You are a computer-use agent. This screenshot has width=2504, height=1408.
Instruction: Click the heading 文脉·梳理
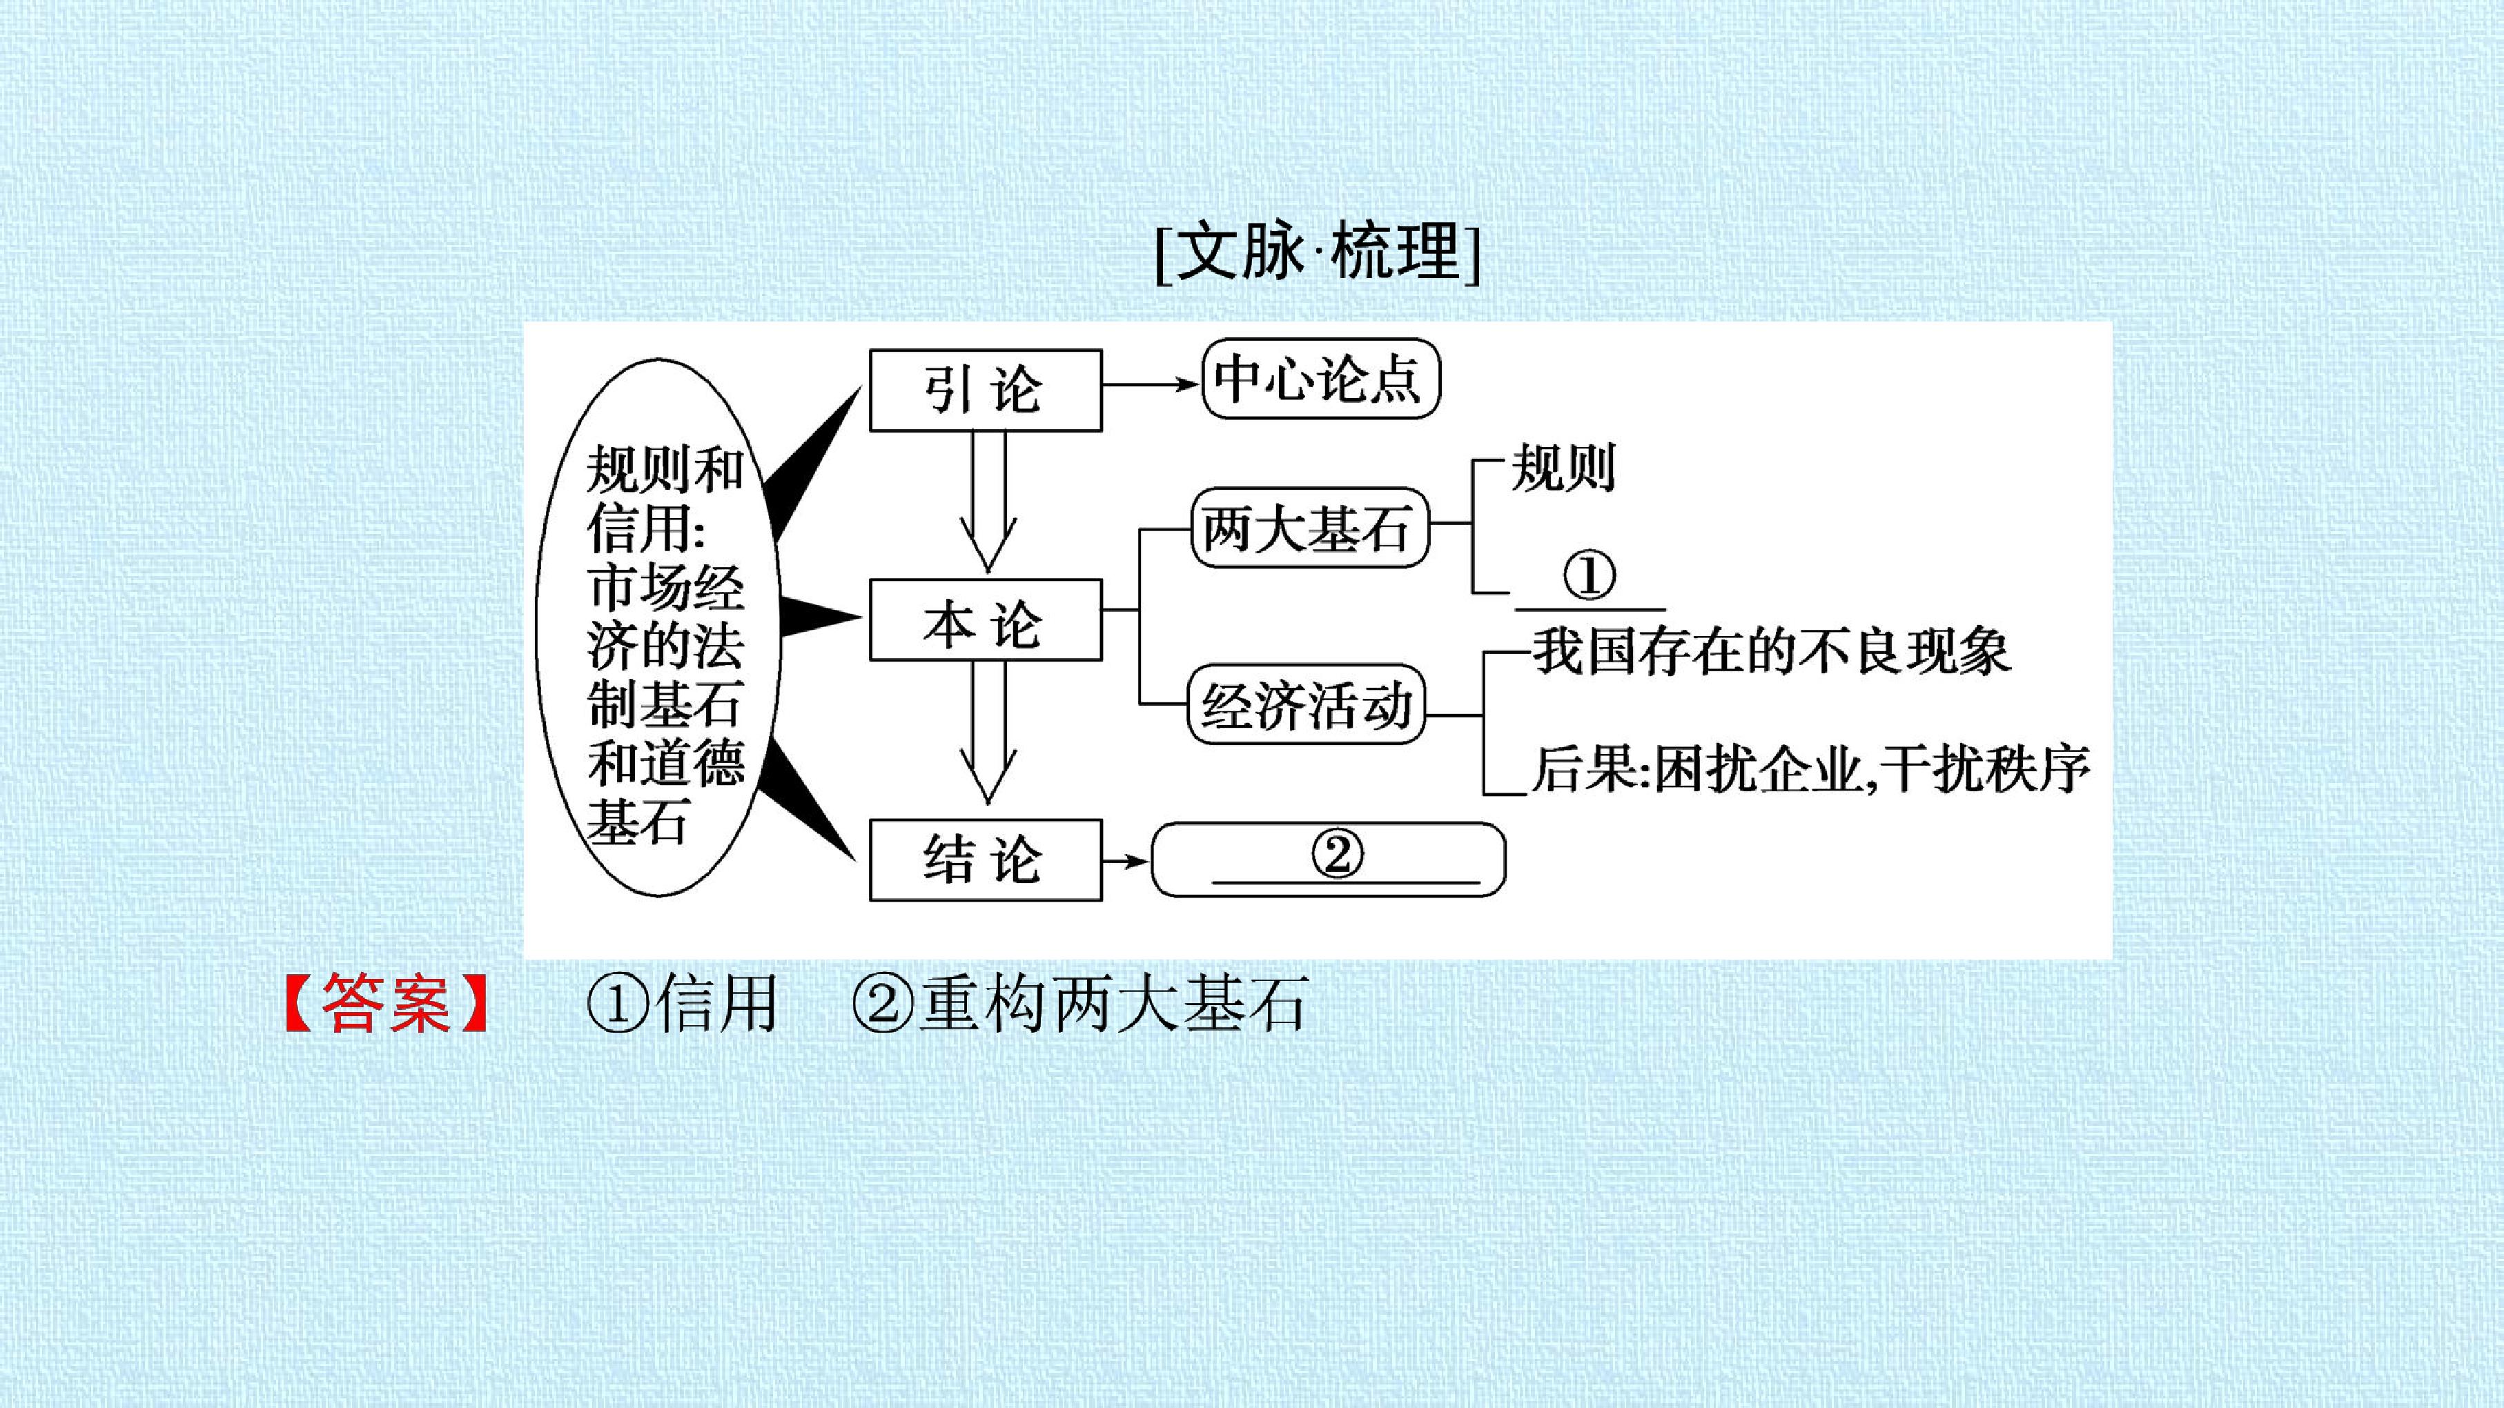tap(1318, 252)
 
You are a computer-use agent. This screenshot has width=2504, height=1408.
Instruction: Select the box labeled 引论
tap(986, 390)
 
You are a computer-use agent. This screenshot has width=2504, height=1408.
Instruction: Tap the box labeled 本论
tap(986, 620)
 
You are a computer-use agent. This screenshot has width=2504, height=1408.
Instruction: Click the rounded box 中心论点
tap(1321, 378)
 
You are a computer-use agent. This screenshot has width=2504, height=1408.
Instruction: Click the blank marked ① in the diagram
tap(1590, 583)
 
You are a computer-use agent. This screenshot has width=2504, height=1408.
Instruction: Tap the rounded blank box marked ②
tap(1329, 859)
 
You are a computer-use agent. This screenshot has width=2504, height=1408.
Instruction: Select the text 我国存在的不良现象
tap(1771, 651)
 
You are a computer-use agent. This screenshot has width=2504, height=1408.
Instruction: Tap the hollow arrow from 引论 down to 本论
tap(988, 502)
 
